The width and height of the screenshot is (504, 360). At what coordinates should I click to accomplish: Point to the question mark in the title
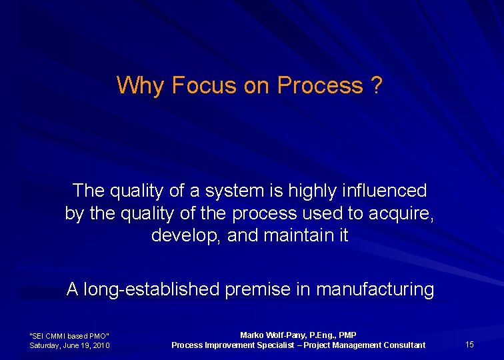[377, 85]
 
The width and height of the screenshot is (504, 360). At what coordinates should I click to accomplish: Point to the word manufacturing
[375, 289]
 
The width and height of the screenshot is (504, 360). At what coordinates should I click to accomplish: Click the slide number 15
[469, 344]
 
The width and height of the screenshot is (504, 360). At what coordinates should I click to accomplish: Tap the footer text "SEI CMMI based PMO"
[69, 335]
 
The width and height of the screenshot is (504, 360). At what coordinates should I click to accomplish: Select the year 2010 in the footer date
[101, 345]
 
